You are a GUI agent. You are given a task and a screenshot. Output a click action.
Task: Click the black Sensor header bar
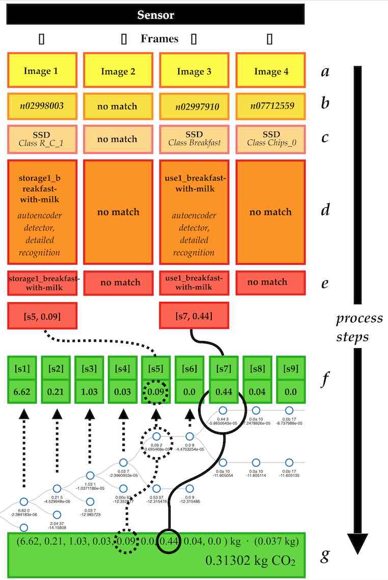coord(155,14)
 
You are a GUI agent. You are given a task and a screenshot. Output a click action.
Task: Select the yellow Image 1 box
coord(42,71)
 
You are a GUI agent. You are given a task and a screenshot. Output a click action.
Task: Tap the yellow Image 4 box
coord(270,71)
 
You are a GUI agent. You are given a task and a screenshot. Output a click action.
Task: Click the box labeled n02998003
coord(42,106)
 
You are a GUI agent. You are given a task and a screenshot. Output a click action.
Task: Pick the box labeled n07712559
coord(270,106)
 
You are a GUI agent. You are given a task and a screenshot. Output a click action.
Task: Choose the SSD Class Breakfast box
coord(194,139)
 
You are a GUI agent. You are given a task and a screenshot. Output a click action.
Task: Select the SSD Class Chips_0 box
coord(270,139)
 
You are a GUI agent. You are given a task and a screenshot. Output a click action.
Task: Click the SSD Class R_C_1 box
coord(42,139)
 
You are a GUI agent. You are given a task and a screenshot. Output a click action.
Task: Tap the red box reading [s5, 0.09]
coord(42,316)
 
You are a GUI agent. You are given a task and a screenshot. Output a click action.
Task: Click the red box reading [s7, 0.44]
coord(194,316)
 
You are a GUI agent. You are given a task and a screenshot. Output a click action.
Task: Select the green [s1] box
coord(23,368)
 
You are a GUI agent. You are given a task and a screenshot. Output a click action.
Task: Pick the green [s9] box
coord(290,368)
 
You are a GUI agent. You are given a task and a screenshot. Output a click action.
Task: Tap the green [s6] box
coord(190,368)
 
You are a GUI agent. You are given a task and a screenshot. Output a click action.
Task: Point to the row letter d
coord(325,209)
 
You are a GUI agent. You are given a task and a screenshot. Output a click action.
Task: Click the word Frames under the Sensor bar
coord(159,39)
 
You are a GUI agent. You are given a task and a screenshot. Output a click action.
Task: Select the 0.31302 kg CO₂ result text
coord(250,561)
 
